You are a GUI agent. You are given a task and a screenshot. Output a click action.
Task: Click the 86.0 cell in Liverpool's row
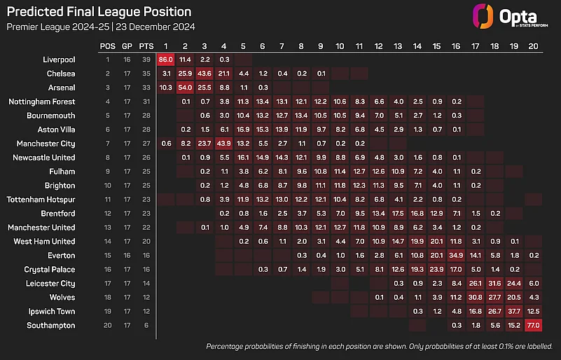(x=165, y=60)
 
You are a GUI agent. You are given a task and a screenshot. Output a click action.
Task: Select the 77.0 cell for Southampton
(x=533, y=326)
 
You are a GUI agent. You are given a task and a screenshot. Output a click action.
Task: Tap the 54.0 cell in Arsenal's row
(x=185, y=88)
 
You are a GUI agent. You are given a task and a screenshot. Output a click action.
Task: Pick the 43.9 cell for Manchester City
(x=223, y=144)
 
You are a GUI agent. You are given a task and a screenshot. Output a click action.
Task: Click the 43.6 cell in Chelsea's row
(x=205, y=74)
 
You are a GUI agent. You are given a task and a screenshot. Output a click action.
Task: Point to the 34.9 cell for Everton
(x=456, y=256)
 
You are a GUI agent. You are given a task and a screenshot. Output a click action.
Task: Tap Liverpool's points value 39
(x=146, y=60)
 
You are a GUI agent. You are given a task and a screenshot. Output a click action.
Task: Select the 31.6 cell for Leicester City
(x=494, y=284)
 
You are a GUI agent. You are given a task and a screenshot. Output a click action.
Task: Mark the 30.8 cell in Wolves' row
(x=475, y=298)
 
